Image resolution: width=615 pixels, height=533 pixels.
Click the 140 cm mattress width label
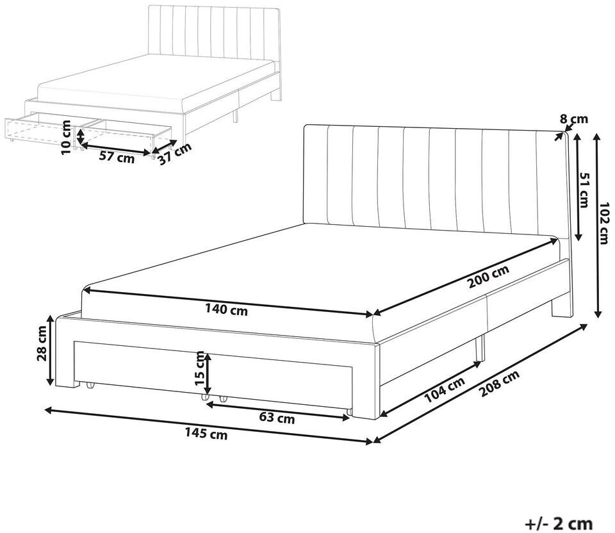(226, 310)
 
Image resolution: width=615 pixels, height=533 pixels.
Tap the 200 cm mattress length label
(488, 276)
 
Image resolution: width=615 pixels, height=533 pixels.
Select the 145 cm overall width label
(206, 434)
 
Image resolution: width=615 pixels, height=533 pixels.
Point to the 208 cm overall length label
(499, 383)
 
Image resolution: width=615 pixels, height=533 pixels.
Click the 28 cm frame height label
(43, 343)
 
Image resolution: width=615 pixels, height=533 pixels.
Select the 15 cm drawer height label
(199, 368)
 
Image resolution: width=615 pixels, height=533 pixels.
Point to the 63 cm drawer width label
(277, 418)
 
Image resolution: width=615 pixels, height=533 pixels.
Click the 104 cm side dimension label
(445, 389)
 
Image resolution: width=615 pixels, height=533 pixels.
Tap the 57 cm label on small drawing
(117, 157)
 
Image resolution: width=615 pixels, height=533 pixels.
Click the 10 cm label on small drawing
(67, 137)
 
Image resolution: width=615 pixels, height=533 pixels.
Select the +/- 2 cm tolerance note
(559, 523)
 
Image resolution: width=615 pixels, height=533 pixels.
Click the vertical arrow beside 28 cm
(50, 350)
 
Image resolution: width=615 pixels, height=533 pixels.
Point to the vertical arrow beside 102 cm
(598, 225)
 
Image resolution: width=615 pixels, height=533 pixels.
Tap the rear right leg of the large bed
(562, 309)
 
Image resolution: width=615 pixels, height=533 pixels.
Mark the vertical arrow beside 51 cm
(577, 186)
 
